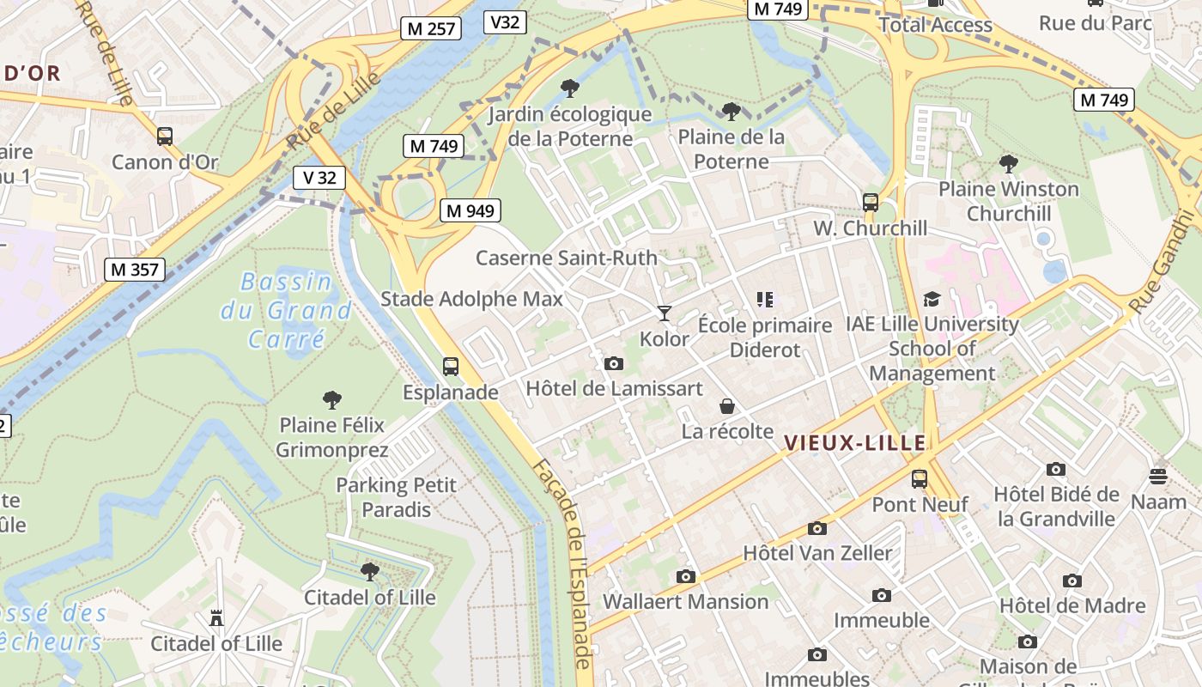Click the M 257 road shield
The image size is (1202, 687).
431,28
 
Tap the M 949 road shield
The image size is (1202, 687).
470,210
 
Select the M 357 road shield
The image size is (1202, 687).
135,270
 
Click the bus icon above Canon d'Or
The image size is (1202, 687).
165,137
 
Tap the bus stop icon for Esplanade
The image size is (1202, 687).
451,367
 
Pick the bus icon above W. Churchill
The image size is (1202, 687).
871,203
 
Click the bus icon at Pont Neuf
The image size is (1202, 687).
920,478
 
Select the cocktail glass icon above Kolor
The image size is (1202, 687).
664,313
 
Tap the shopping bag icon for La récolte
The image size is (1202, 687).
727,406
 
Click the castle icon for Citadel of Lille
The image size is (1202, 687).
216,617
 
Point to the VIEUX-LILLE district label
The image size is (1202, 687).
855,443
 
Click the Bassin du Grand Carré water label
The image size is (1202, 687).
286,309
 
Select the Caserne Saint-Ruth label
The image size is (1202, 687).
567,258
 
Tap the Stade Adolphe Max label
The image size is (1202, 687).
471,299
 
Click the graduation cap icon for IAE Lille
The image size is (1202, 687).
932,299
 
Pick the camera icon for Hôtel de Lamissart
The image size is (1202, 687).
613,363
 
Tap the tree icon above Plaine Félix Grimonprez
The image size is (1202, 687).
331,399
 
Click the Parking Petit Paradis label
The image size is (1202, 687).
397,497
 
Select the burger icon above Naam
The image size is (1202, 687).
1158,476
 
